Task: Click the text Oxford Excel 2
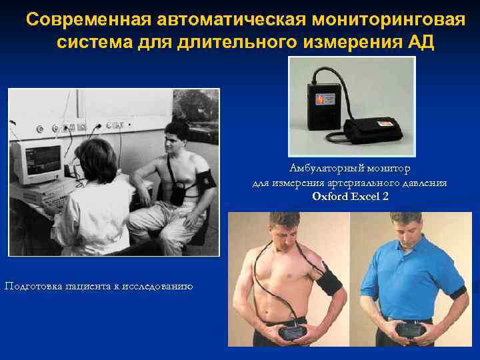[350, 196]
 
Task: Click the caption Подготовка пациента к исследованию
[99, 286]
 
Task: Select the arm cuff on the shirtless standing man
[331, 276]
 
